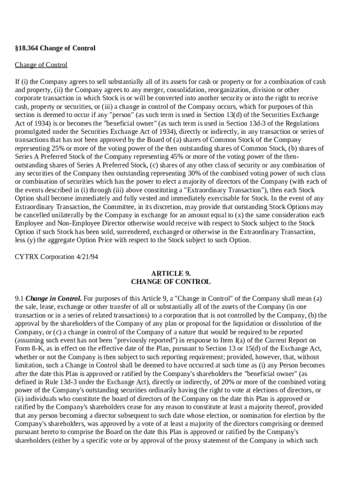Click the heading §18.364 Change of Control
(x=55, y=48)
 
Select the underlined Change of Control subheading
(x=41, y=65)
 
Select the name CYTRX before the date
(x=27, y=257)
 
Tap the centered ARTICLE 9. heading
(x=171, y=274)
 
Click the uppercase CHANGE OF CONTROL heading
(x=171, y=282)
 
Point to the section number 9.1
(x=19, y=298)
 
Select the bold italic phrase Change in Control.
(x=54, y=298)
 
